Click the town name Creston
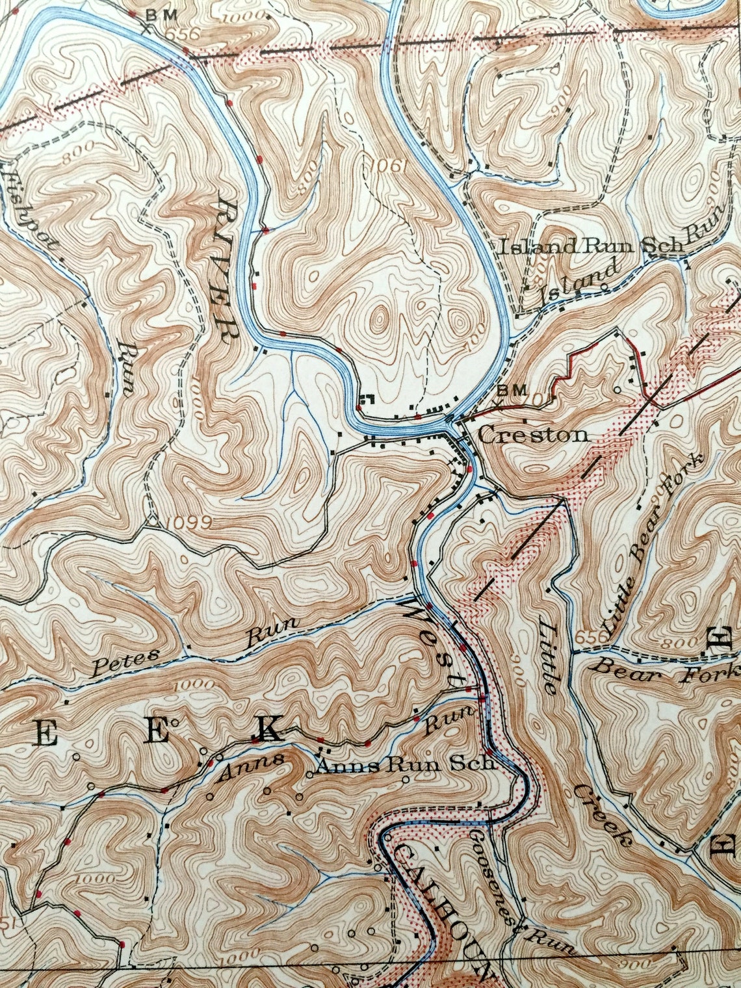(x=533, y=434)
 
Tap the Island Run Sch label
(x=590, y=247)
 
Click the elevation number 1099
(x=188, y=522)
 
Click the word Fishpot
(x=30, y=208)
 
